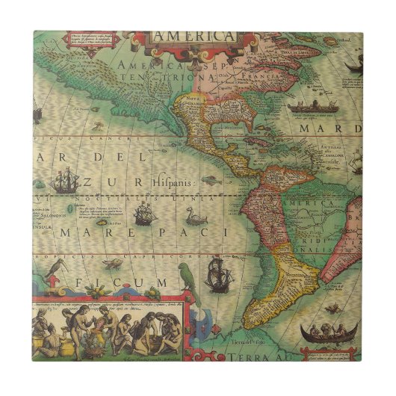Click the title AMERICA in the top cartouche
(x=192, y=35)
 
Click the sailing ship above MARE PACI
(x=143, y=215)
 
